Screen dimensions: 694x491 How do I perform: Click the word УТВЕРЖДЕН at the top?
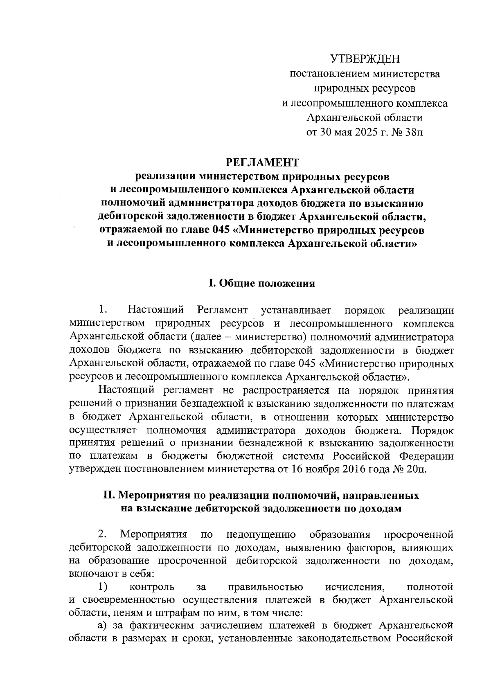coord(365,60)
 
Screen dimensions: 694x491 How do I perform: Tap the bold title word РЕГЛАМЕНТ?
coord(263,163)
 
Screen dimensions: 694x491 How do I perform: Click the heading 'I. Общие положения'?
coord(262,283)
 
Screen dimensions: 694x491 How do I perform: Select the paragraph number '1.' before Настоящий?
coord(102,310)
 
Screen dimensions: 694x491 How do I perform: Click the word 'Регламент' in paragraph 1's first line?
coord(222,310)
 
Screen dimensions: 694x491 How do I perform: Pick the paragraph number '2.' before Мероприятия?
coord(102,534)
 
